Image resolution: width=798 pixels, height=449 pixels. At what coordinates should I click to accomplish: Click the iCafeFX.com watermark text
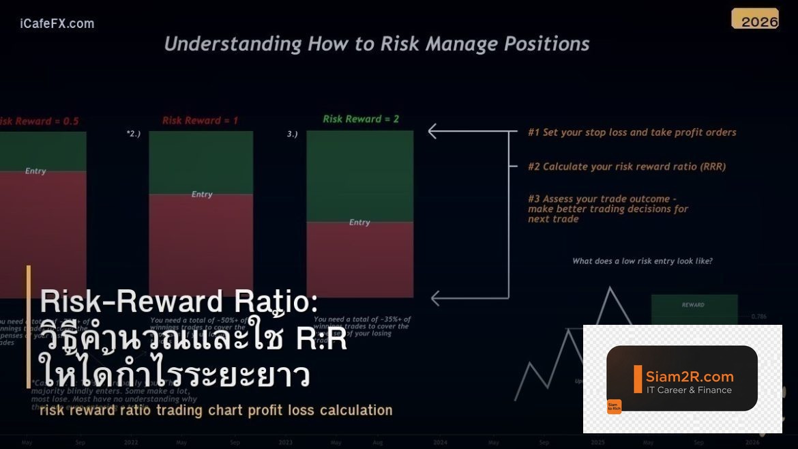click(57, 24)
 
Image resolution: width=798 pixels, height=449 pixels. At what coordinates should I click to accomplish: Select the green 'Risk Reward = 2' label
click(361, 119)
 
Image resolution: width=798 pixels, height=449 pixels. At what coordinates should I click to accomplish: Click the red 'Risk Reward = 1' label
click(200, 121)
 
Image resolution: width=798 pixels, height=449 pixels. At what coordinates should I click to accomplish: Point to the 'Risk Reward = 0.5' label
click(39, 121)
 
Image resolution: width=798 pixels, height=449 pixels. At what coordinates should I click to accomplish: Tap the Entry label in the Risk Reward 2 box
click(359, 222)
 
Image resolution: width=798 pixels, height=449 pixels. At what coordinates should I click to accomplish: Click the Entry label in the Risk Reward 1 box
click(202, 194)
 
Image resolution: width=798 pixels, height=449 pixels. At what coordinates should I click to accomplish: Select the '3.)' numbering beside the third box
click(293, 134)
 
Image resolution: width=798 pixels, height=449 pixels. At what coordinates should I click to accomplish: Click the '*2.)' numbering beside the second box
click(134, 134)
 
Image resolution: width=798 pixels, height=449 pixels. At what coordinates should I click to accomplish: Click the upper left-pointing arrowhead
click(433, 131)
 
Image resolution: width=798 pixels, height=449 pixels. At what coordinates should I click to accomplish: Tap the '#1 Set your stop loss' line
click(632, 132)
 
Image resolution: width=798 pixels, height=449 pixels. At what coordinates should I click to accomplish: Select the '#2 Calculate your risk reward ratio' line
click(626, 166)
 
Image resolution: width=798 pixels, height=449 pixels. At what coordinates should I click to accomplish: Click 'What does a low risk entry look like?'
click(642, 261)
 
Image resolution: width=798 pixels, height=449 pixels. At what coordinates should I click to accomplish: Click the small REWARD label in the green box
click(693, 305)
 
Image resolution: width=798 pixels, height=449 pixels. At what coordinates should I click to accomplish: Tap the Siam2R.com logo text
click(690, 377)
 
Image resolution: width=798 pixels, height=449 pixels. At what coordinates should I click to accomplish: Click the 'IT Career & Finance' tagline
click(689, 390)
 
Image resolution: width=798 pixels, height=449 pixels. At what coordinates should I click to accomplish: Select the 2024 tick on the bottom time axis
click(440, 442)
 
